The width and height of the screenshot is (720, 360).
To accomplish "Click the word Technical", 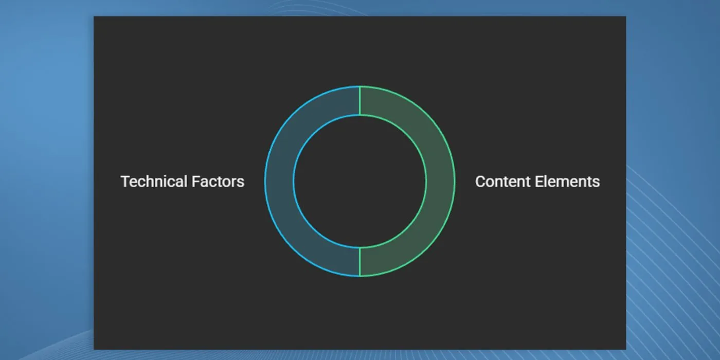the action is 154,181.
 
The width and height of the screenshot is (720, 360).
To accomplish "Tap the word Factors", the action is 218,181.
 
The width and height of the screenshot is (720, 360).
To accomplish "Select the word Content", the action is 503,181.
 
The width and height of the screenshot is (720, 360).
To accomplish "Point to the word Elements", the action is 567,181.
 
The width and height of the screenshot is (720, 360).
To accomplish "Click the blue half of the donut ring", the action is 279,181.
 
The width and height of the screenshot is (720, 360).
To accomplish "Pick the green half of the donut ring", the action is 441,181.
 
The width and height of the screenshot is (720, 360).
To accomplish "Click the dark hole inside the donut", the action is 359,181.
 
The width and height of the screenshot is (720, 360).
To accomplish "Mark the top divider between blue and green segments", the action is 359,100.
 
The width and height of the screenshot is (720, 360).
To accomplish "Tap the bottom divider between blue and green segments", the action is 359,262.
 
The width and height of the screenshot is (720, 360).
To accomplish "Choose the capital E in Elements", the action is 539,182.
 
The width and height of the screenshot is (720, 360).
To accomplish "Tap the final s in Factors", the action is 241,183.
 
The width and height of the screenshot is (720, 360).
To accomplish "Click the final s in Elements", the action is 596,183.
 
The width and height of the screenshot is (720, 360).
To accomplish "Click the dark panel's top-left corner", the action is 94,16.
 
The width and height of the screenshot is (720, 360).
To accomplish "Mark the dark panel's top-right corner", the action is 626,16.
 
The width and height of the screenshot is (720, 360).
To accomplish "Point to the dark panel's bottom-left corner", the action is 94,349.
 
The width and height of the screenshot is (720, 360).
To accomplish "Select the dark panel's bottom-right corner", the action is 626,349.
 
